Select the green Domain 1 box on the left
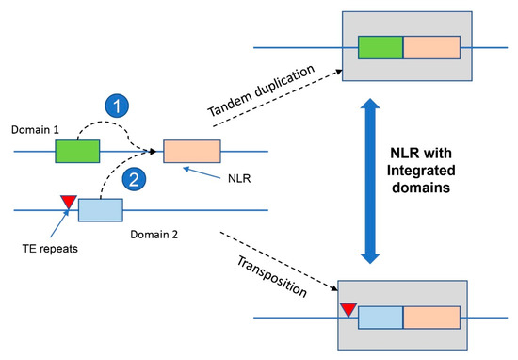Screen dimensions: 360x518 77,151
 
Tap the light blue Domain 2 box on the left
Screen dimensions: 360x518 100,210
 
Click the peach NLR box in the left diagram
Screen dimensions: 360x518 191,151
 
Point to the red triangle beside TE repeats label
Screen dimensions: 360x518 67,200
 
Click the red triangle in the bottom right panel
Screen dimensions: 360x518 350,309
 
